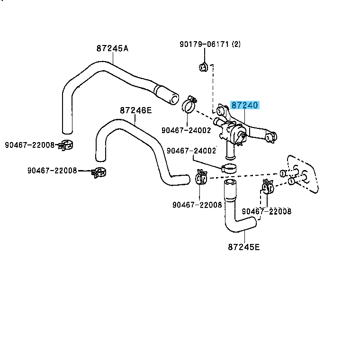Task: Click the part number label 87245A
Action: pyautogui.click(x=112, y=48)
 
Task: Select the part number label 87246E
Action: pyautogui.click(x=135, y=110)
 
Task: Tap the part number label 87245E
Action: pyautogui.click(x=243, y=247)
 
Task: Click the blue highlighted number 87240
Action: pyautogui.click(x=245, y=106)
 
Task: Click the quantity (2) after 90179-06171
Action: pyautogui.click(x=236, y=45)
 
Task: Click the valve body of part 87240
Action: pyautogui.click(x=234, y=130)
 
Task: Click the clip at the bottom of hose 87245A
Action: pyautogui.click(x=66, y=145)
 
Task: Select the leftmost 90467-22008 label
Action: pyautogui.click(x=30, y=145)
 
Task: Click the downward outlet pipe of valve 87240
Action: pyautogui.click(x=230, y=151)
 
